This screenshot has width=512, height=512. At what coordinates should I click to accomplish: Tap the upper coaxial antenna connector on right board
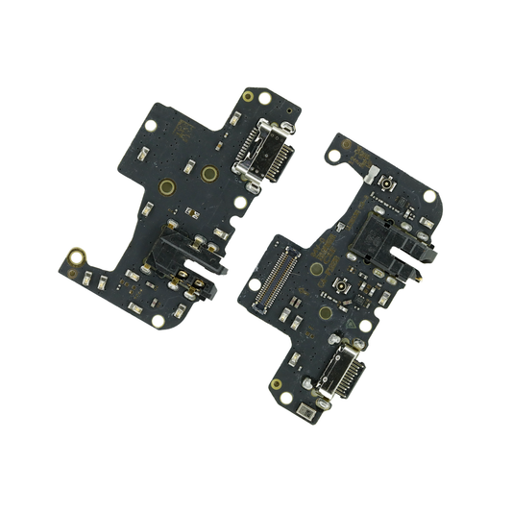387,182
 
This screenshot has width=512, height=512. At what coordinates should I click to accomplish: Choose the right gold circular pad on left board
208,174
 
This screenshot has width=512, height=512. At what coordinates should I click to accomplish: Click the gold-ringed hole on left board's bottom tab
75,256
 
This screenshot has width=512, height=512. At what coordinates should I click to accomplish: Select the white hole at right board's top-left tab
333,155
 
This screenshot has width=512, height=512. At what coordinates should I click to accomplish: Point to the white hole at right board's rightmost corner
429,196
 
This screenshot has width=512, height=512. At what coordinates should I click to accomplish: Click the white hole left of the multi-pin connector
254,284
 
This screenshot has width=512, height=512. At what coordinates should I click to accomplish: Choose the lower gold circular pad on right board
326,313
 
